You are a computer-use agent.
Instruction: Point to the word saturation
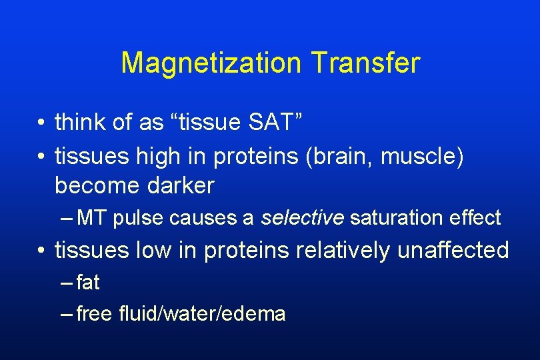tap(391, 217)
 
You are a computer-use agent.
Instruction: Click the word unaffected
tap(453, 250)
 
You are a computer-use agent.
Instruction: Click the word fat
tap(88, 283)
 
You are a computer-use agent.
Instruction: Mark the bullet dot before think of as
tap(41, 123)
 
